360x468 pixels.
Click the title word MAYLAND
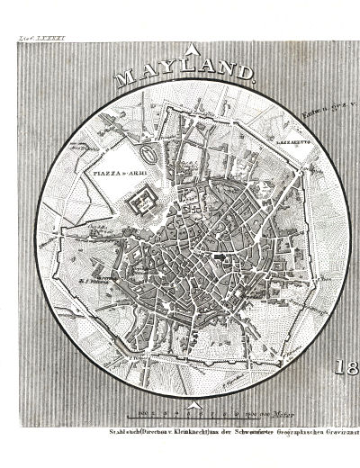click(185, 78)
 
